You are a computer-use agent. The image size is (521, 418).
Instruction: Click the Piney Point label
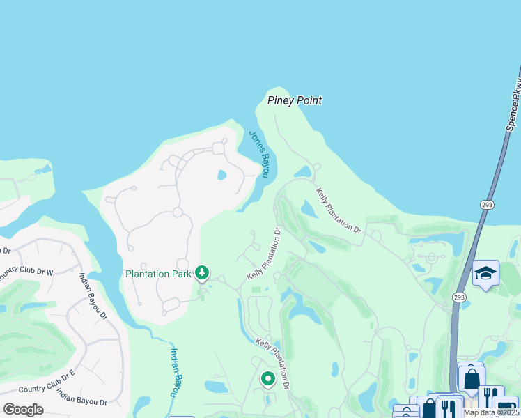click(x=295, y=100)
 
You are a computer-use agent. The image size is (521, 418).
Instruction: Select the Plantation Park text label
click(x=158, y=273)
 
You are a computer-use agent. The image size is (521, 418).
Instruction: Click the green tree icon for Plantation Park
click(x=202, y=272)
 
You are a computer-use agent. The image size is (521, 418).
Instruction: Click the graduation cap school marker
click(x=485, y=274)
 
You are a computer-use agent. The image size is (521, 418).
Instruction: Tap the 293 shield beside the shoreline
click(x=487, y=205)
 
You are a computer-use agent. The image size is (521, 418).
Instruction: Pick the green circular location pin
click(x=267, y=378)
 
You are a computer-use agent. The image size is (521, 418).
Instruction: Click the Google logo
click(x=23, y=410)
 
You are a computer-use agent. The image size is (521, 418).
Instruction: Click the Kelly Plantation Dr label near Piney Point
click(x=339, y=210)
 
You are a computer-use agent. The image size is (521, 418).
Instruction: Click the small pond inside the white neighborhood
click(x=222, y=175)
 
